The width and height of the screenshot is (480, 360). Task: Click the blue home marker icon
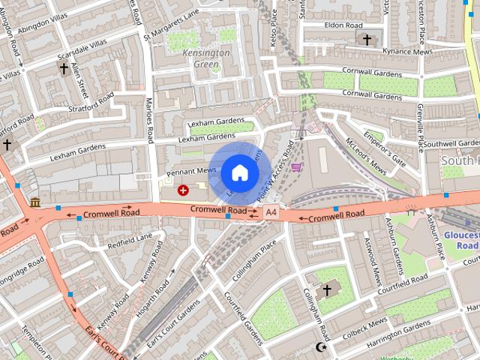(239, 172)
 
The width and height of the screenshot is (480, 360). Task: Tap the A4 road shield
(271, 214)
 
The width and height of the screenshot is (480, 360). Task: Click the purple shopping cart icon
(297, 166)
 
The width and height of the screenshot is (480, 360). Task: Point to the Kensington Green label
(206, 59)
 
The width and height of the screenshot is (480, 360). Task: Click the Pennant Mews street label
(191, 171)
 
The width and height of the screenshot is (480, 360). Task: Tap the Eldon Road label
(343, 25)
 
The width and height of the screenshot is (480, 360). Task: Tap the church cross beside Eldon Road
(367, 39)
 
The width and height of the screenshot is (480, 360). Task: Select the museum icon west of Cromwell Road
(35, 202)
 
